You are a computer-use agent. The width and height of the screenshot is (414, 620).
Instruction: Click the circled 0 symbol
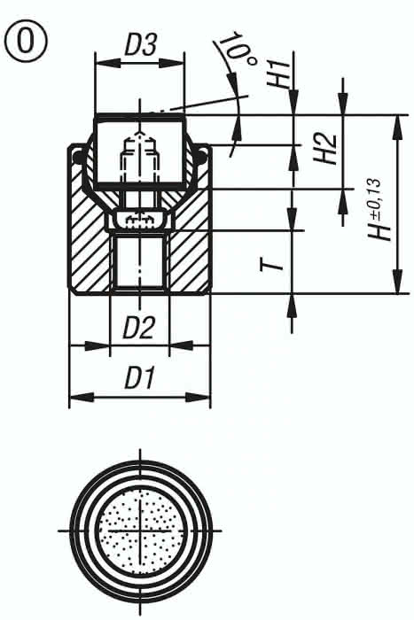click(x=25, y=40)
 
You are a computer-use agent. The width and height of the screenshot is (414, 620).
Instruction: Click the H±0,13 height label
click(x=379, y=209)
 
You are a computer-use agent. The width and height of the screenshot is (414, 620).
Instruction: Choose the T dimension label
click(x=277, y=263)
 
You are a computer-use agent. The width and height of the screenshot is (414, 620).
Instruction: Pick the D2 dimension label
click(x=138, y=329)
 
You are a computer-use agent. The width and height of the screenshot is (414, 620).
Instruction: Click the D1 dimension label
click(x=140, y=379)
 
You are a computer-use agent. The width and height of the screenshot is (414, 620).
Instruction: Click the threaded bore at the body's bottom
click(x=139, y=261)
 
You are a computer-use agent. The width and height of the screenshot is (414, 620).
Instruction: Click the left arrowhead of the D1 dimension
click(x=75, y=397)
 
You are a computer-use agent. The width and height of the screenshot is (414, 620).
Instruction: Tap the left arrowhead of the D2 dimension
click(x=114, y=346)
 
